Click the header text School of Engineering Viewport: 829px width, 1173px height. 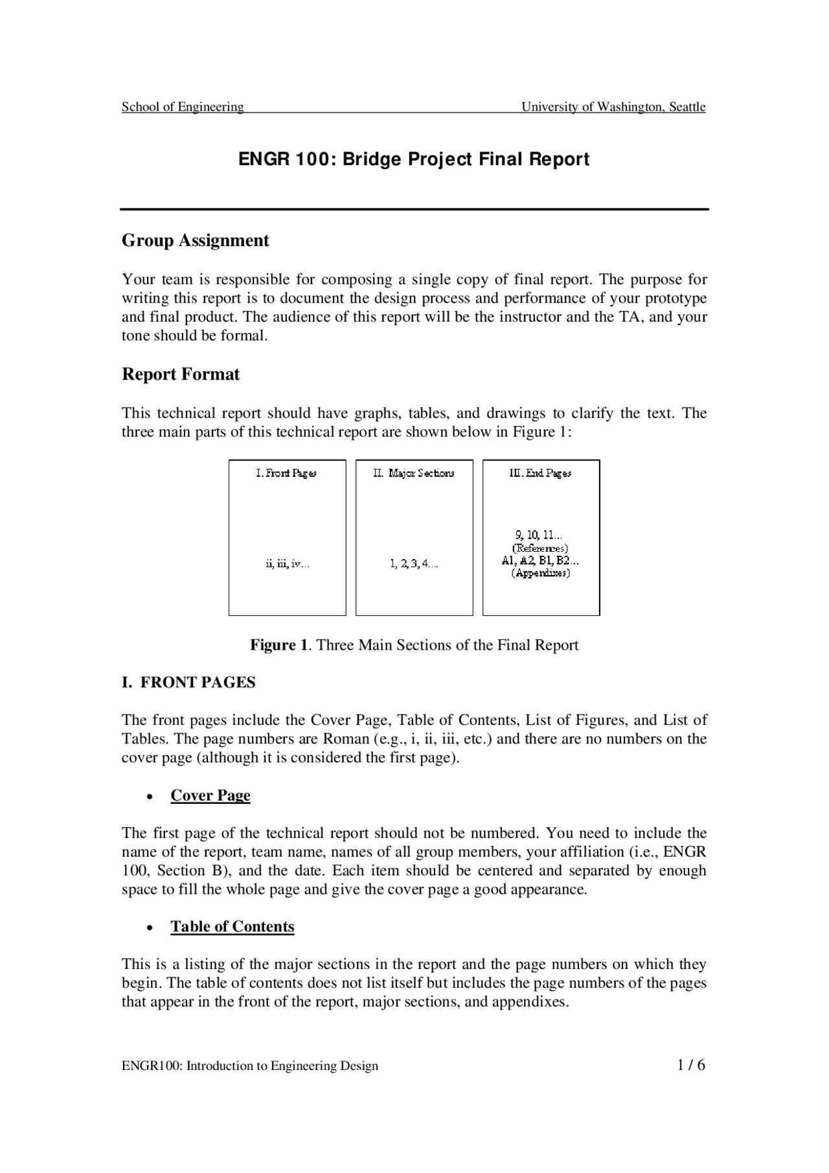[183, 107]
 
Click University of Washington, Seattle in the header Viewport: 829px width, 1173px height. [613, 107]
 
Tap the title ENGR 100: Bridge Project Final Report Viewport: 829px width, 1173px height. [414, 159]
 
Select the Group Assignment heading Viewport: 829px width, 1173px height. [195, 240]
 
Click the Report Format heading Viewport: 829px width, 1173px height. [181, 374]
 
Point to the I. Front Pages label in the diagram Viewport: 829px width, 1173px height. [286, 473]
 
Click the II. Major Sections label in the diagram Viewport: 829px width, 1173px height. [414, 473]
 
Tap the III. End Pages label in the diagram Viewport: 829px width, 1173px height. [540, 473]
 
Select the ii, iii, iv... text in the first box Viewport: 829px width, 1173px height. [287, 564]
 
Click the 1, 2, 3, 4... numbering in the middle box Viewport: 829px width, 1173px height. [414, 564]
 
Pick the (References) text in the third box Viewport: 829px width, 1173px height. [540, 548]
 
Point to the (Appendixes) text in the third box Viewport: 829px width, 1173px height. [540, 573]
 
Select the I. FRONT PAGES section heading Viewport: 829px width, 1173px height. [188, 683]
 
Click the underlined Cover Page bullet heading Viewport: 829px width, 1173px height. [210, 795]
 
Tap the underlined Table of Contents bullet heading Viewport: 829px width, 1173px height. [232, 926]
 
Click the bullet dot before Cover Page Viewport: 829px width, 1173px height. [150, 797]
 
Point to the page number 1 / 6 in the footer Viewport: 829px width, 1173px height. [691, 1065]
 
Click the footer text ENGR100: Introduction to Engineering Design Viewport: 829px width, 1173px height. [250, 1066]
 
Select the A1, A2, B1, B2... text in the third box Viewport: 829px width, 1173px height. [540, 561]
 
